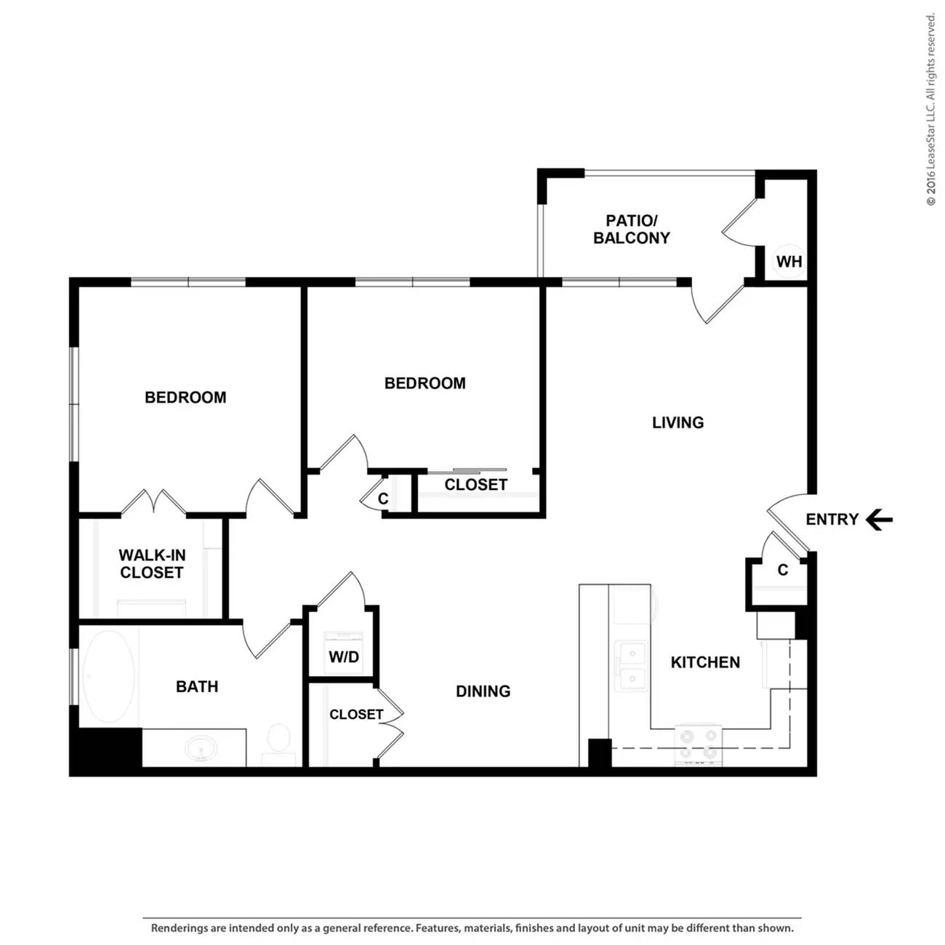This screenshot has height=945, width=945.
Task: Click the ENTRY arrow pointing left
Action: (879, 519)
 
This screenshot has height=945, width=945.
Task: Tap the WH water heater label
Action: (789, 262)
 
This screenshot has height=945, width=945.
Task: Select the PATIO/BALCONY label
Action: (631, 229)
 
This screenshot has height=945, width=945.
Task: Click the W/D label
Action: (344, 656)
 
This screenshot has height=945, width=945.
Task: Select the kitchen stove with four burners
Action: (699, 744)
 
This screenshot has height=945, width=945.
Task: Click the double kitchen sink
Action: (632, 665)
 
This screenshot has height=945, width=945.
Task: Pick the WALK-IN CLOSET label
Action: (151, 563)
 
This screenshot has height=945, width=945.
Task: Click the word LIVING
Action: (677, 422)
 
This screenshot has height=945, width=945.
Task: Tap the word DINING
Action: (483, 691)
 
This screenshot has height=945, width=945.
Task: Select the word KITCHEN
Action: (705, 662)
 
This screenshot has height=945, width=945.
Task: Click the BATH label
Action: (197, 686)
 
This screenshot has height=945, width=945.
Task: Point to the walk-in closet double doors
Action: (153, 501)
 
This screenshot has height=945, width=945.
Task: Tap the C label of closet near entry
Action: (783, 569)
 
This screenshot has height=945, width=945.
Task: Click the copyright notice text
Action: (930, 110)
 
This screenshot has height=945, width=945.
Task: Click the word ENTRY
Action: (832, 519)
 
